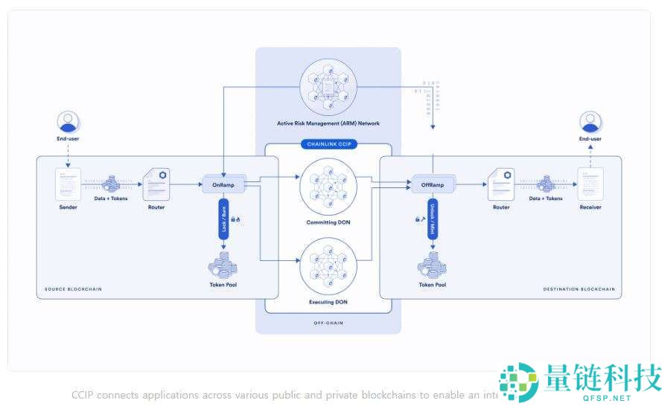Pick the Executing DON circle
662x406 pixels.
coord(328,265)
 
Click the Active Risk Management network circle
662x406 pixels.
coord(328,83)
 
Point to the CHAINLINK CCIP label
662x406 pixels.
coord(328,144)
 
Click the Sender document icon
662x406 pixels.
coord(69,184)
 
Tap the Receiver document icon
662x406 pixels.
coord(591,184)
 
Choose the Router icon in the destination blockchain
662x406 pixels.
coord(500,184)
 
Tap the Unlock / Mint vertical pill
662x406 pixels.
coord(432,218)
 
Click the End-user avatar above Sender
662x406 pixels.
coord(69,121)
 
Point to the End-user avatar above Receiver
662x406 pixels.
coord(591,121)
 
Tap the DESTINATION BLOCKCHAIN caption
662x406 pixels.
coord(580,289)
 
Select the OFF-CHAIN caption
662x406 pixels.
coord(328,323)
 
